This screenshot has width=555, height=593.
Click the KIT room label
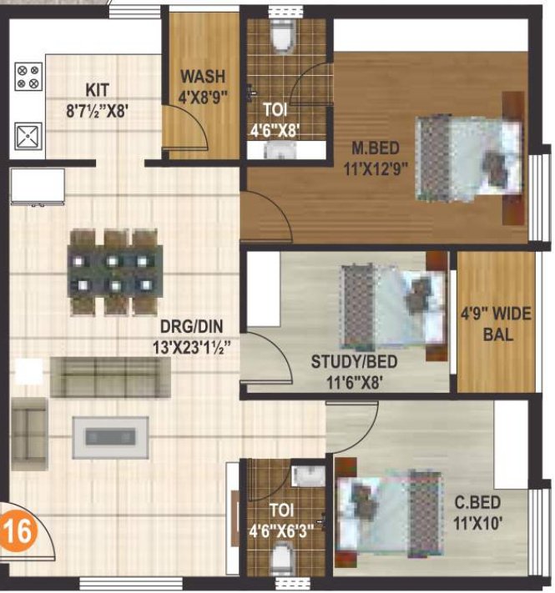pyautogui.click(x=97, y=90)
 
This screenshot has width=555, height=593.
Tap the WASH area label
pyautogui.click(x=200, y=78)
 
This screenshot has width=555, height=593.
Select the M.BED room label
pyautogui.click(x=375, y=148)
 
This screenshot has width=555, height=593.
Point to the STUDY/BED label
pyautogui.click(x=354, y=362)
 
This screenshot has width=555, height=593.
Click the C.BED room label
pyautogui.click(x=477, y=504)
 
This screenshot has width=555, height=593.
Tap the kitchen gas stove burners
pyautogui.click(x=28, y=78)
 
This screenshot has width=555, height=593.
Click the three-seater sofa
pyautogui.click(x=109, y=377)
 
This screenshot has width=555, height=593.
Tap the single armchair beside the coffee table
pyautogui.click(x=30, y=427)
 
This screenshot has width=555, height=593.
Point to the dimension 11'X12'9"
pyautogui.click(x=376, y=166)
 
